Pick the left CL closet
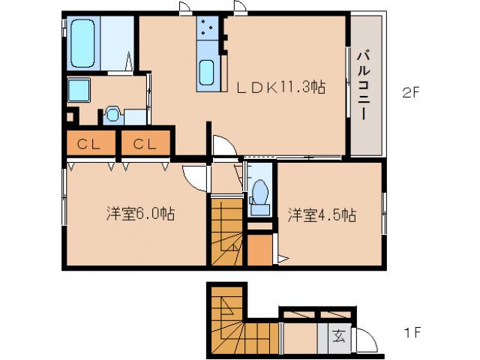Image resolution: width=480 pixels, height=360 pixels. [x=89, y=142]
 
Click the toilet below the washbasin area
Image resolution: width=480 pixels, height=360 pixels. [x=113, y=114]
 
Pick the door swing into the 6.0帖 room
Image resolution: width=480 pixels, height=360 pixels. [x=196, y=177]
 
